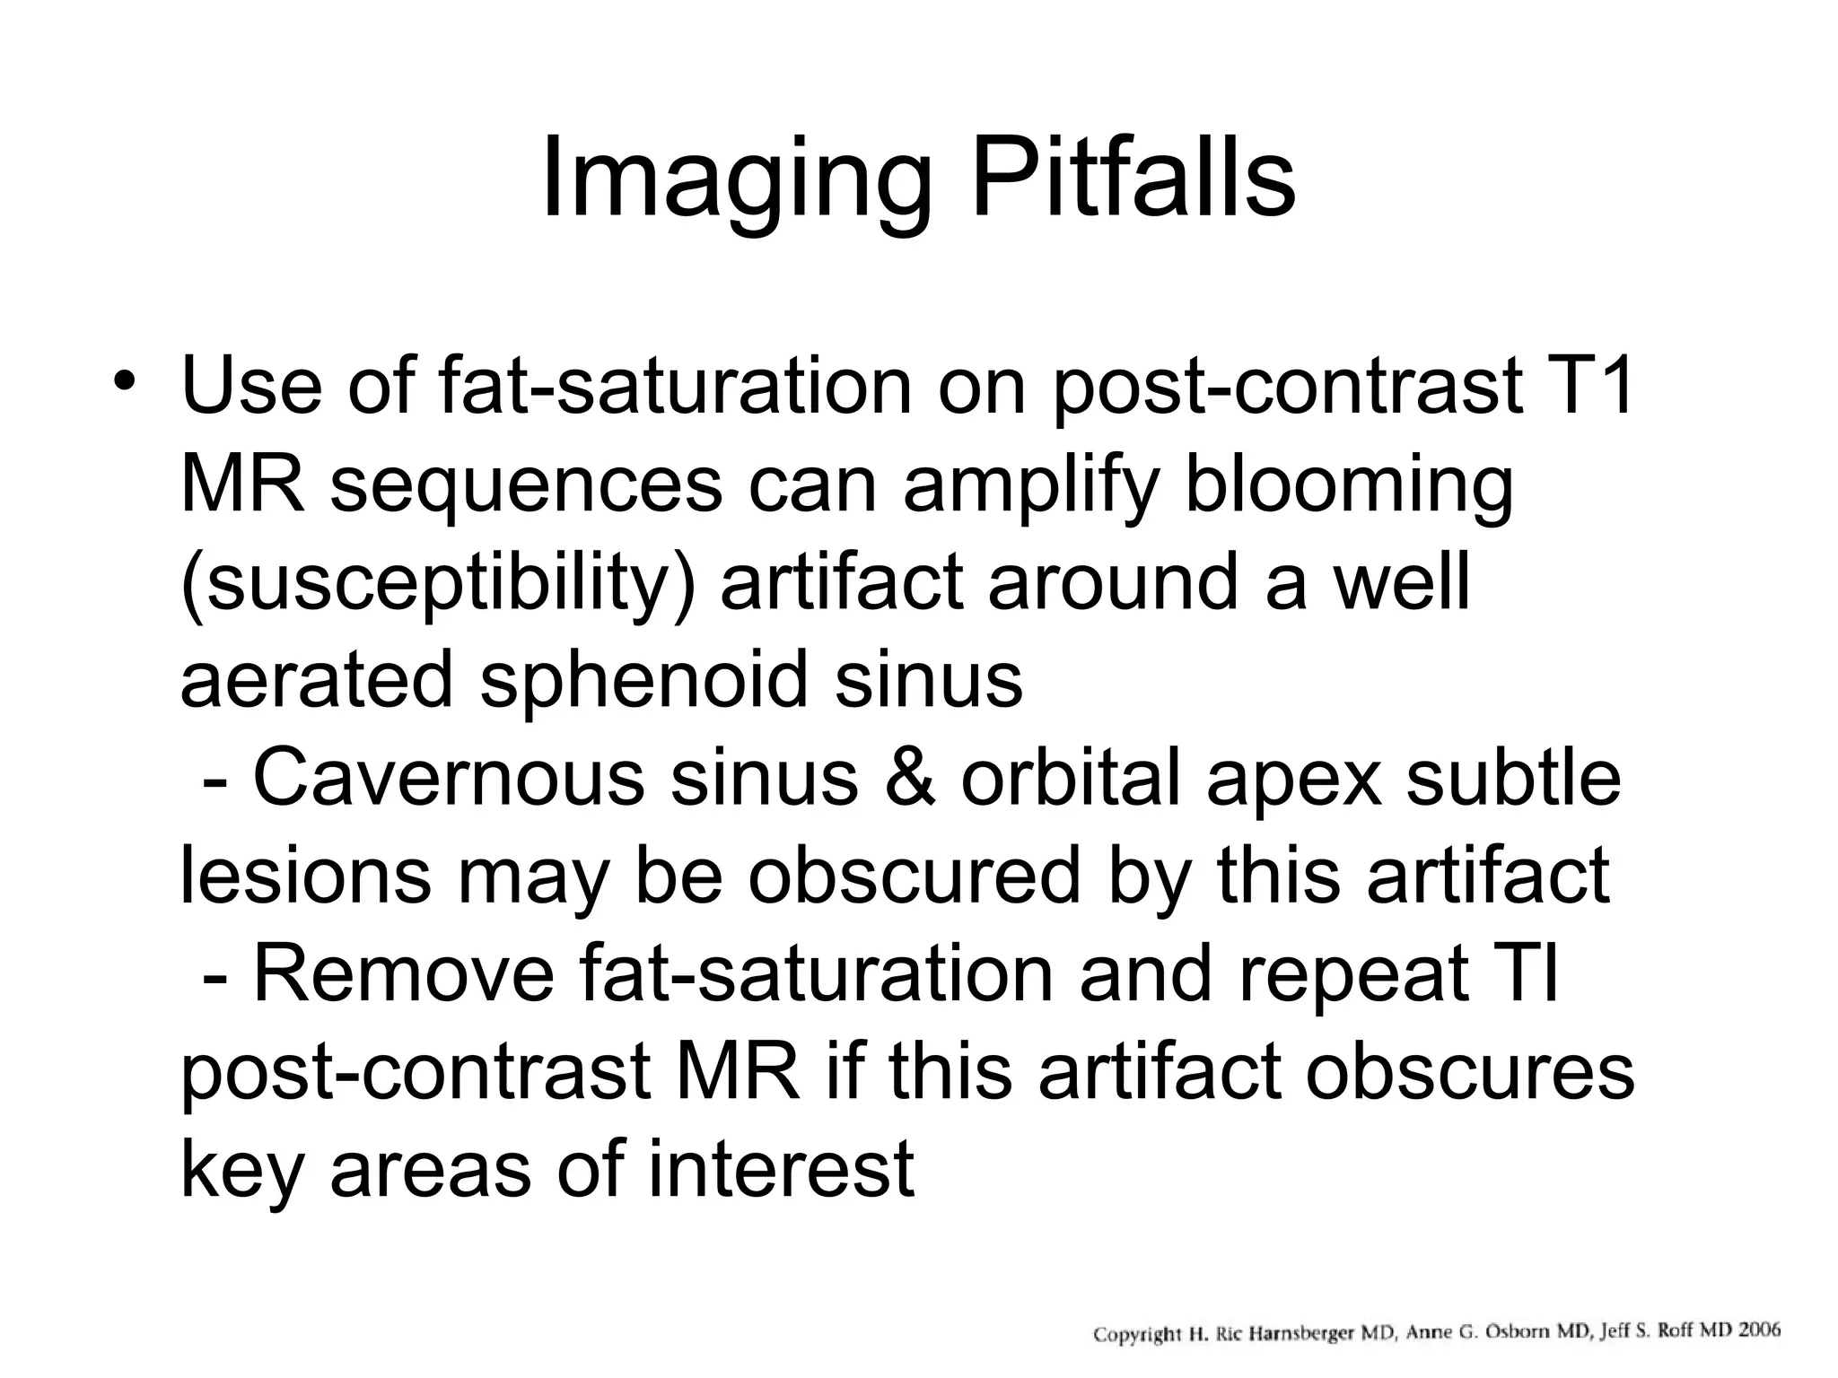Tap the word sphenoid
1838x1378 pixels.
click(x=644, y=679)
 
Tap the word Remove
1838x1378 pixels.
click(x=405, y=973)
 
